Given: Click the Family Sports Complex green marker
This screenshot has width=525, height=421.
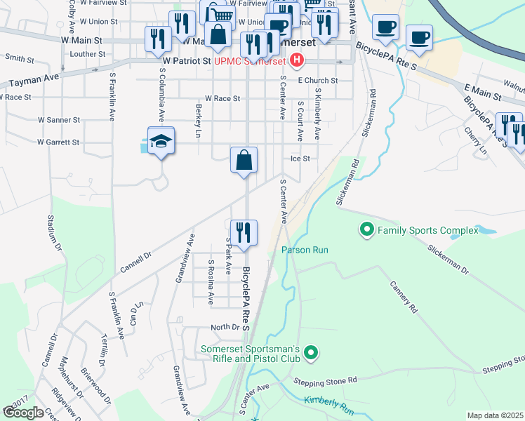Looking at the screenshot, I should click(x=366, y=229).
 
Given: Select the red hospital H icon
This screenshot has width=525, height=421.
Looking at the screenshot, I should click(x=297, y=61).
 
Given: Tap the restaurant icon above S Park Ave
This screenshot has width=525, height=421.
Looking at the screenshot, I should click(x=244, y=232).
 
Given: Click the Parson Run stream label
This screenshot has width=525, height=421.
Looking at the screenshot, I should click(x=305, y=250).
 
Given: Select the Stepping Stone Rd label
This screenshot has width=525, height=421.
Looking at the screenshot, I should click(x=326, y=381).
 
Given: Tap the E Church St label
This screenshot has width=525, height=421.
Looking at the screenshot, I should click(x=317, y=81).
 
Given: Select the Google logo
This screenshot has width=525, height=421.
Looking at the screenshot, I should click(x=23, y=413).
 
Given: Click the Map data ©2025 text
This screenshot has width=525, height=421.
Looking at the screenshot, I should click(x=495, y=415).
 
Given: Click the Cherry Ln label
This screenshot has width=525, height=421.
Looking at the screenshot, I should click(x=476, y=140).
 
